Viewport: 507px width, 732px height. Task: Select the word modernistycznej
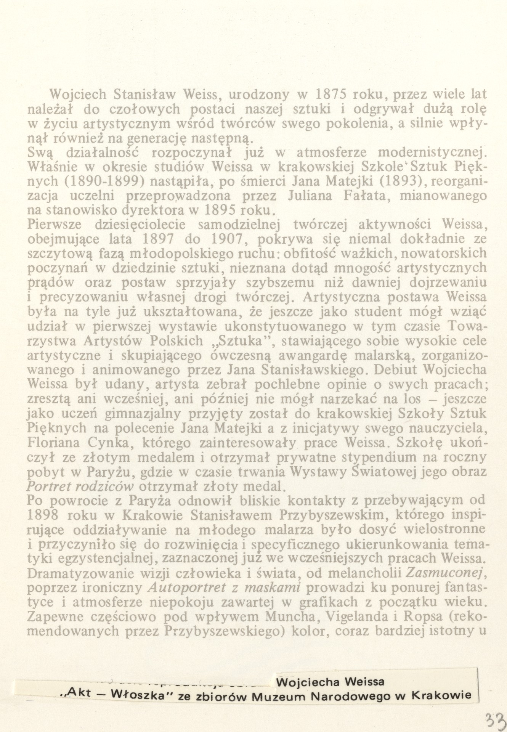431,152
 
